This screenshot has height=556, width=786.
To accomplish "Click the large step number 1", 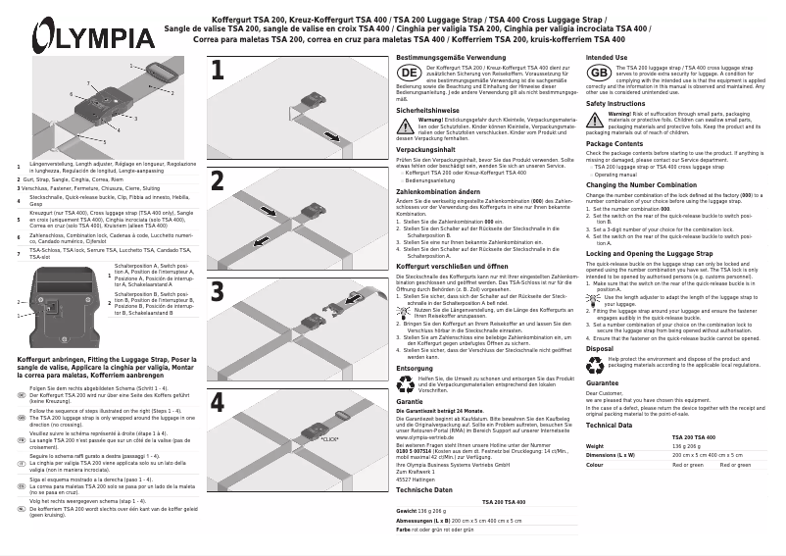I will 218,70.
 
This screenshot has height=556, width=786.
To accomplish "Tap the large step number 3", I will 218,291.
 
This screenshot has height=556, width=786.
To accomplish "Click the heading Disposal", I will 599,348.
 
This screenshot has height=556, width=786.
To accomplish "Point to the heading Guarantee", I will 602,382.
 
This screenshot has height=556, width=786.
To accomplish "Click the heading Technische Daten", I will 424,488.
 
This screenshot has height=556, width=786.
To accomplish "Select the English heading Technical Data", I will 609,425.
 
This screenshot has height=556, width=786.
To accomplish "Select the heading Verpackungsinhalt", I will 426,150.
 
